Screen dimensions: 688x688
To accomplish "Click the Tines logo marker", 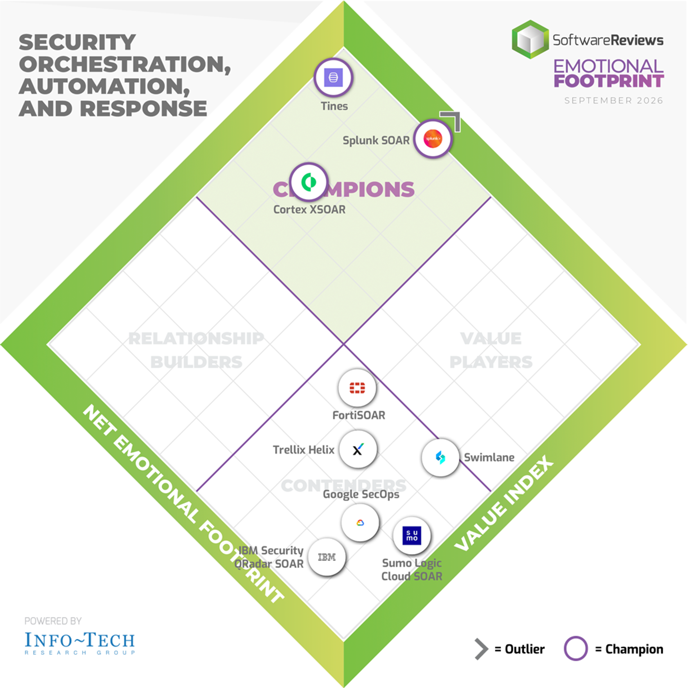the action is (x=333, y=77).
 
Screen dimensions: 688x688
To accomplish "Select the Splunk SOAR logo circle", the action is (x=433, y=139).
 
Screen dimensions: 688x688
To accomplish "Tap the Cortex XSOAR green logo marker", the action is (x=308, y=182).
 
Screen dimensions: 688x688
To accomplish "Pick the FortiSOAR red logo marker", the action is (x=357, y=388).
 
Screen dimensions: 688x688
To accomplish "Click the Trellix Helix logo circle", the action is (x=358, y=449).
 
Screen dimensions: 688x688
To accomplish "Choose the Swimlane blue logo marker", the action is (x=440, y=457).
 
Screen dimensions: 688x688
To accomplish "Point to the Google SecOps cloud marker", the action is (x=360, y=523).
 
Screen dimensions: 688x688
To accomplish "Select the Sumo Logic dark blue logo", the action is (x=412, y=536).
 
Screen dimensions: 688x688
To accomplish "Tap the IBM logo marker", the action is (x=327, y=557).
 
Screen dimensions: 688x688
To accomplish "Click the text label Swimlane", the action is (x=489, y=457).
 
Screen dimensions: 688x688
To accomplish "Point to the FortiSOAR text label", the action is (x=358, y=415).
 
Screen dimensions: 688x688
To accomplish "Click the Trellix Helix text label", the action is (x=304, y=450).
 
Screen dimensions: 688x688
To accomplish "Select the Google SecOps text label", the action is (x=361, y=494).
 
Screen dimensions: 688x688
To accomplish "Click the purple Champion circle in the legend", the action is (x=576, y=648).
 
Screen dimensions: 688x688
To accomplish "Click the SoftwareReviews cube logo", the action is (x=530, y=39).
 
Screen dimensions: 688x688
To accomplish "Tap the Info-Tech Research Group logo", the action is (x=80, y=643).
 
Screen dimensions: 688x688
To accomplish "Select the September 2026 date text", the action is (x=613, y=101).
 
